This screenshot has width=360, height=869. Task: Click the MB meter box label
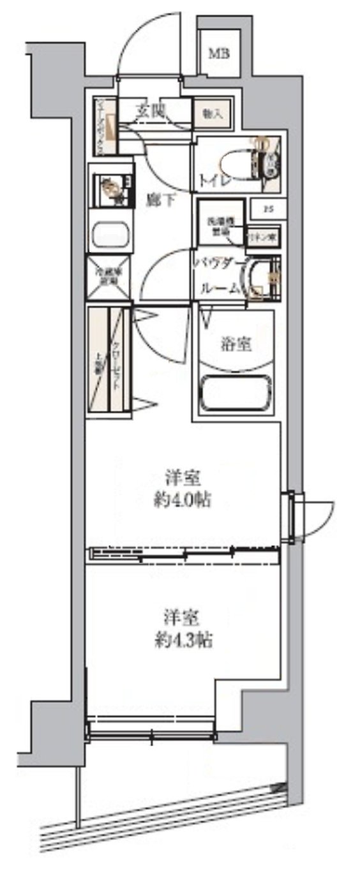pos(220,52)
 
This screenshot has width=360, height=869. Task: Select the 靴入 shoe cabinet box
pos(213,114)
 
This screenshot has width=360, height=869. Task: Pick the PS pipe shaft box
pos(267,208)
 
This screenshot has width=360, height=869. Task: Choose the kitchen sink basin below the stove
pos(111,235)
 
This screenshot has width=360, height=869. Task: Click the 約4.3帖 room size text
pos(185,639)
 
